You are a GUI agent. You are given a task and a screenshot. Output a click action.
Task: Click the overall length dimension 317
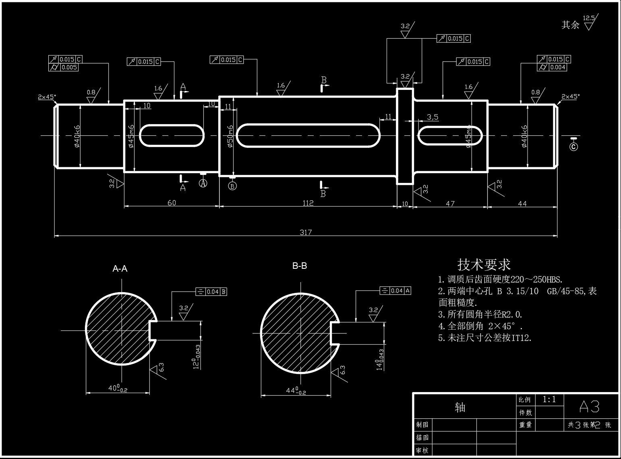click(x=306, y=232)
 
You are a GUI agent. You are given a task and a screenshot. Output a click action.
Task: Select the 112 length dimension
click(x=308, y=203)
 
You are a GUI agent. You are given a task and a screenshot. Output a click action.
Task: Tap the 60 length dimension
click(x=172, y=203)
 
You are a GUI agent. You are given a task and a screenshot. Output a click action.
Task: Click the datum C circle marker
click(x=573, y=147)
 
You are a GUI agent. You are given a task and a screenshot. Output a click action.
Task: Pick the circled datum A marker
click(x=203, y=183)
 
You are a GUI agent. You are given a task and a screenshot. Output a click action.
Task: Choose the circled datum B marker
click(x=232, y=186)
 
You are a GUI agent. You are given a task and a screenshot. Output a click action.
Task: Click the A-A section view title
click(x=120, y=269)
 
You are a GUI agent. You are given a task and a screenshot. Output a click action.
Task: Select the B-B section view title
click(x=300, y=266)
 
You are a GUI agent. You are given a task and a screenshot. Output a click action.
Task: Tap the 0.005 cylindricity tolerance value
click(x=69, y=67)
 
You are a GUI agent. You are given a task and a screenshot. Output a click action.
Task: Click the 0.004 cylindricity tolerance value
click(x=557, y=67)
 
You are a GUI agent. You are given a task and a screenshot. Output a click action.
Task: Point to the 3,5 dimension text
click(x=432, y=117)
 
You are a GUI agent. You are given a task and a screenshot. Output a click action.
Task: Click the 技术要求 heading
click(x=484, y=265)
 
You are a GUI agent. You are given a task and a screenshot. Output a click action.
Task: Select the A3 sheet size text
click(x=589, y=407)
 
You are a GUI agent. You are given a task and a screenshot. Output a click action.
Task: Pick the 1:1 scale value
click(x=549, y=399)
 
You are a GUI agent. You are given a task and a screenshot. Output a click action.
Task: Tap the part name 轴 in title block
click(x=460, y=407)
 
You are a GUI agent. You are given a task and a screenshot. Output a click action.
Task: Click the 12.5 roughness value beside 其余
click(x=588, y=18)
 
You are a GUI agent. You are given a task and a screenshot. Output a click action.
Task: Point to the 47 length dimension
click(x=450, y=204)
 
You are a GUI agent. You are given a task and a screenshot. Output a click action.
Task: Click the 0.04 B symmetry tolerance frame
click(x=212, y=292)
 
